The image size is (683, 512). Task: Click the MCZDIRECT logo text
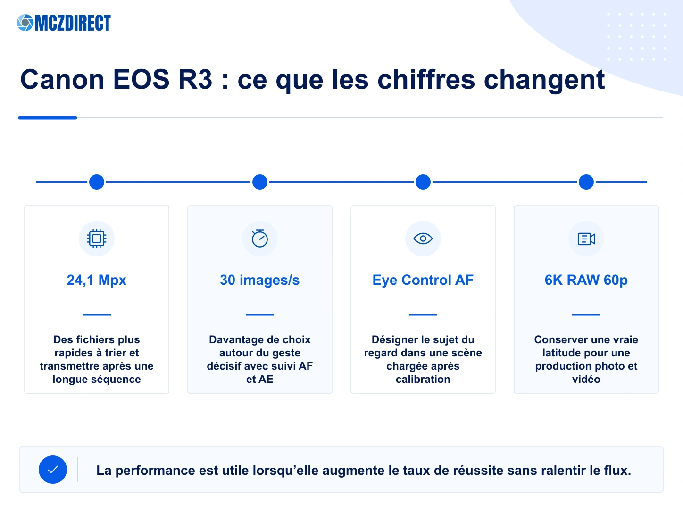73,23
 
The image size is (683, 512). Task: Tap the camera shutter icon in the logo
25,23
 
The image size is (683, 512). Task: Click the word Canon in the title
62,79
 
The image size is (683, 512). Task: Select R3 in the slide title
195,79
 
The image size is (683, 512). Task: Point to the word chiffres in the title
426,79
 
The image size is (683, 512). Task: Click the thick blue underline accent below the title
48,118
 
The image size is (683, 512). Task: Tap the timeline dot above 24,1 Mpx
97,182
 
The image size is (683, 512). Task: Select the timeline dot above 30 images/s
260,182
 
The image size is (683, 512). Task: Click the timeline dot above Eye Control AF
423,182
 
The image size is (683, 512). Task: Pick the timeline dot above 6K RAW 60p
586,182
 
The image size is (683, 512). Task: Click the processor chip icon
97,239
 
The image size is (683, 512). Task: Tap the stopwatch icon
260,239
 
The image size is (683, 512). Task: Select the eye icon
423,239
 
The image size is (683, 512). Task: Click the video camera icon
586,239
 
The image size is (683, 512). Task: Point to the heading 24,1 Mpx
97,280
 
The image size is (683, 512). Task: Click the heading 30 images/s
260,280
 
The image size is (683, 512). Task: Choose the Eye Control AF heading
423,280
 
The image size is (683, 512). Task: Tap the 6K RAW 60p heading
586,280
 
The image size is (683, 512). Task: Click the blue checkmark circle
53,470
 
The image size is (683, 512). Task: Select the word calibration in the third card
423,379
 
